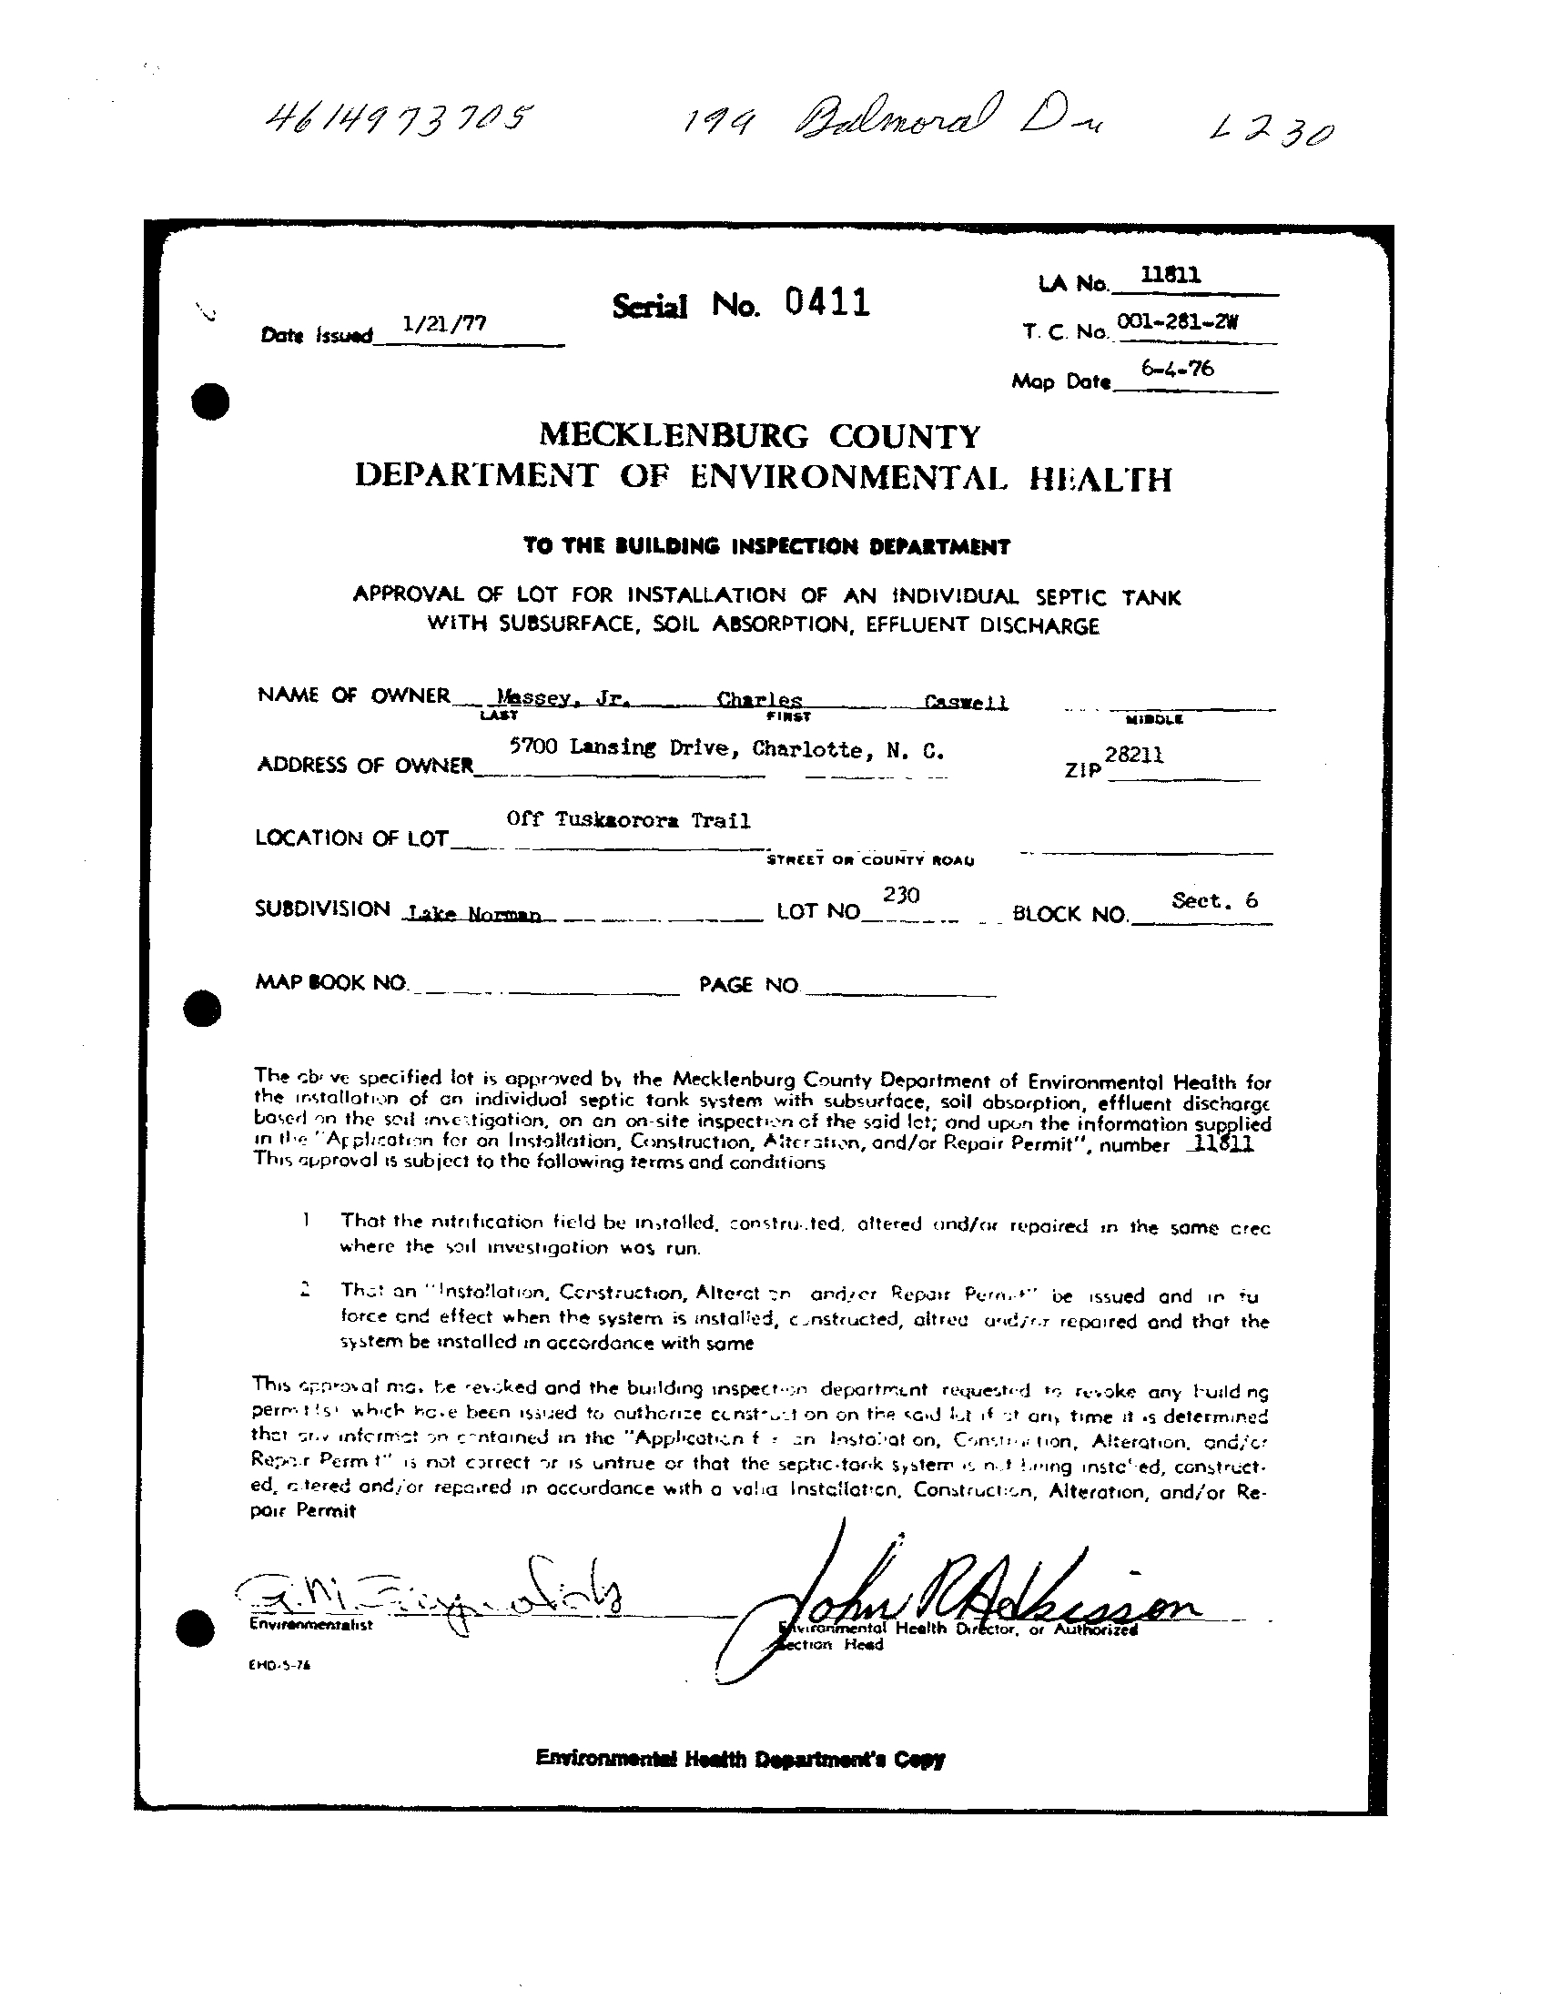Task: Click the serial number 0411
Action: tap(826, 301)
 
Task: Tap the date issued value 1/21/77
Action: tap(444, 323)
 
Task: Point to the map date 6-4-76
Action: tap(1177, 369)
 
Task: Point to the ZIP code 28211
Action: tap(1134, 755)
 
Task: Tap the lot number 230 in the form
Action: tap(902, 895)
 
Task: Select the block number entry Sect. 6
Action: tap(1214, 900)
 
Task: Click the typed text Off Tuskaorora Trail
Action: tap(628, 820)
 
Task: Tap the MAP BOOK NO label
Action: tap(330, 982)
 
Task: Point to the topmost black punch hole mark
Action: tap(209, 401)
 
